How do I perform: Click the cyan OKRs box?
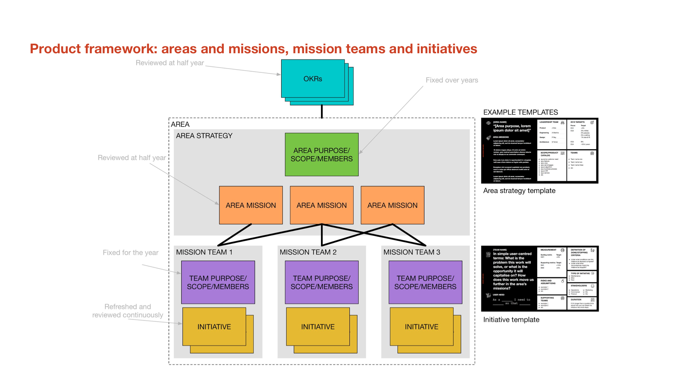coord(313,79)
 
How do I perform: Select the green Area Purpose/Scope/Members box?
coord(321,155)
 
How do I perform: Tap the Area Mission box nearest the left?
coord(251,205)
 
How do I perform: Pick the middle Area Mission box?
coord(321,205)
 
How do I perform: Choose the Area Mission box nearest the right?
coord(392,205)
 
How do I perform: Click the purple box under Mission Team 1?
coord(218,282)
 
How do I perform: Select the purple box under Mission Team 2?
coord(321,282)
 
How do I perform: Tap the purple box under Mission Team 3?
coord(425,282)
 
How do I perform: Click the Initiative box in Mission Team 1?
coord(214,327)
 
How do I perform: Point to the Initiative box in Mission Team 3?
coord(422,327)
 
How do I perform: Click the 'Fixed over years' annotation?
coord(452,80)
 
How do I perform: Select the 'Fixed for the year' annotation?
coord(131,253)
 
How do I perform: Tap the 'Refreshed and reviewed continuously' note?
coord(127,311)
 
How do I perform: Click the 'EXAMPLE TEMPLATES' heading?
coord(520,112)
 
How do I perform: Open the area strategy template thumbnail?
coord(539,151)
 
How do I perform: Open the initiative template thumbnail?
coord(539,279)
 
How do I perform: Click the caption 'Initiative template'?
coord(511,320)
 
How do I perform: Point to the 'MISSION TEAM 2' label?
coord(308,252)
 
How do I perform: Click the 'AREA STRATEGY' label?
coord(204,136)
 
